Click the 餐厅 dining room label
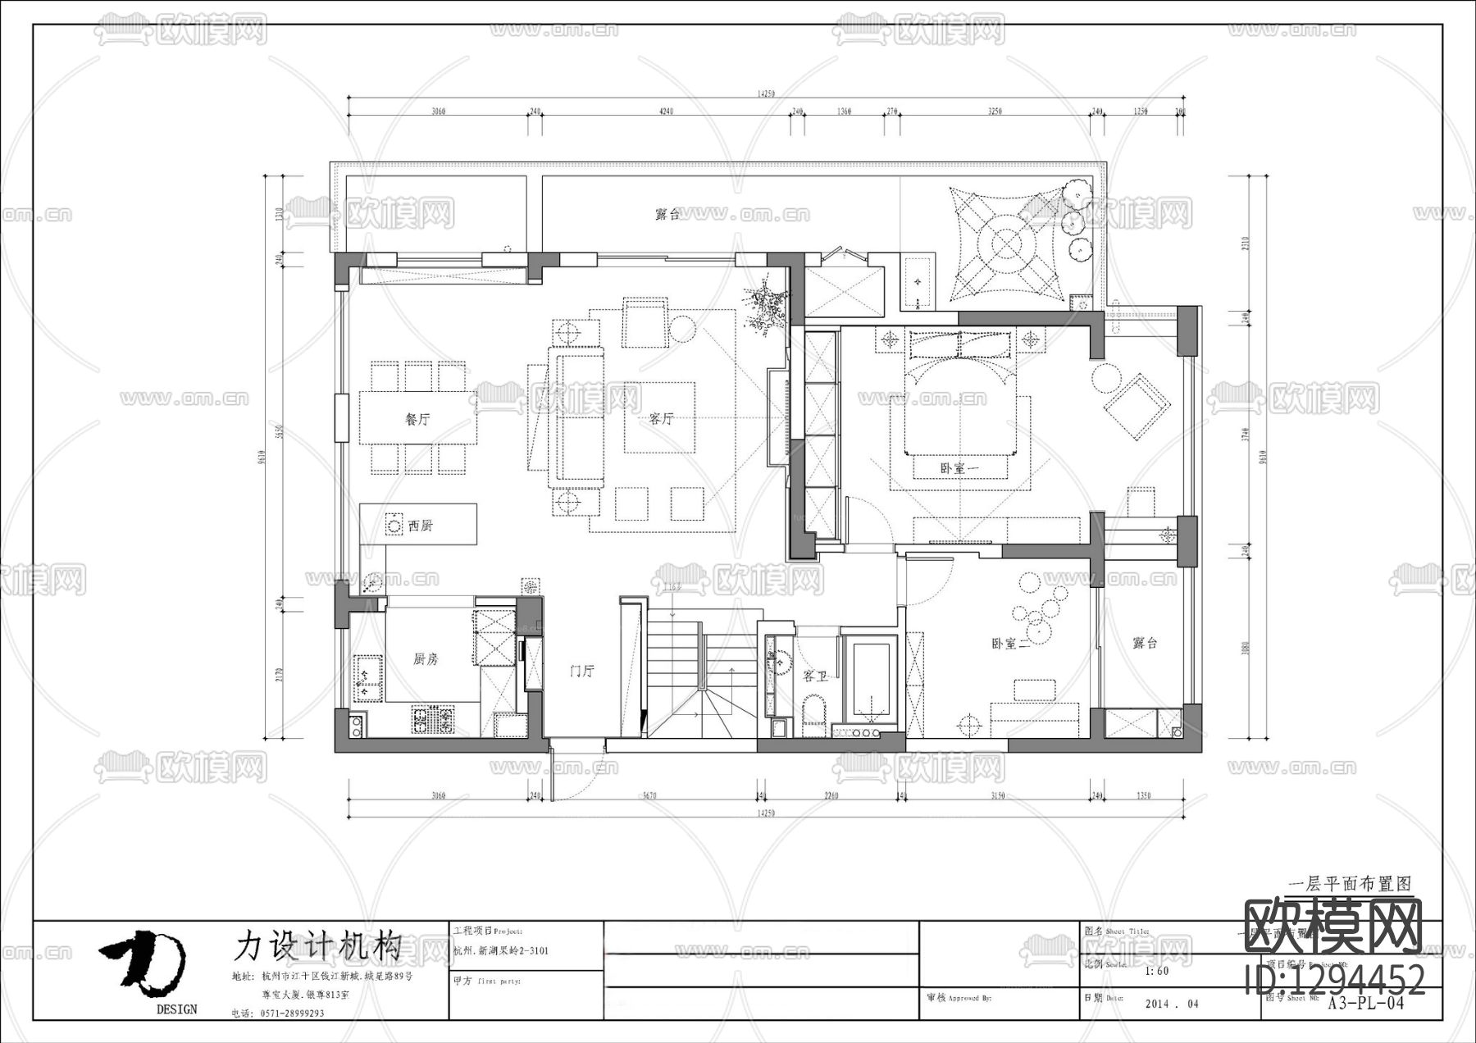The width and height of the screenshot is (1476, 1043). [x=417, y=419]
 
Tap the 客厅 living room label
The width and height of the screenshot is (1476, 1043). [x=661, y=418]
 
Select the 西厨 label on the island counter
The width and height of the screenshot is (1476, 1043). [x=420, y=526]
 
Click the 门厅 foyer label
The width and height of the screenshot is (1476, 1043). [x=582, y=671]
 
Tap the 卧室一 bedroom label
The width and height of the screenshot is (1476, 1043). [x=960, y=468]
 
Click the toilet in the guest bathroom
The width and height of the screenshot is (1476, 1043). [x=813, y=709]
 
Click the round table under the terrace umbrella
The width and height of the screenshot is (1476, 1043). [x=1006, y=244]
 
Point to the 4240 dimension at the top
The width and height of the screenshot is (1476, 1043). [x=665, y=112]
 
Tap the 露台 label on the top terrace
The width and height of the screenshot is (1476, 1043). [x=667, y=215]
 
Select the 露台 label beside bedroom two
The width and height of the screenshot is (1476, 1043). [x=1145, y=644]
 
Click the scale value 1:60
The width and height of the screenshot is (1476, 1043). [x=1156, y=971]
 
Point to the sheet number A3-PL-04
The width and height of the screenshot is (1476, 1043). [x=1366, y=1003]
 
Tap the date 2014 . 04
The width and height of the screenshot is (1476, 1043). [x=1171, y=1004]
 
